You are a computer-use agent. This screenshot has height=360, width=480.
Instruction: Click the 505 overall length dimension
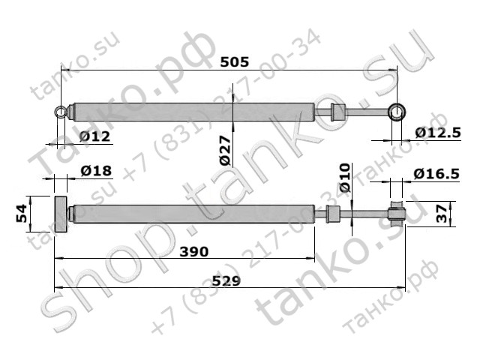[235, 62]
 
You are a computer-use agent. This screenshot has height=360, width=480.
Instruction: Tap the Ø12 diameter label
[94, 136]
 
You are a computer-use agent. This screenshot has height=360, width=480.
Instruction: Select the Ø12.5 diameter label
[438, 133]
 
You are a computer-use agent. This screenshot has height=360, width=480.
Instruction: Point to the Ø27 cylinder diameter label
[226, 150]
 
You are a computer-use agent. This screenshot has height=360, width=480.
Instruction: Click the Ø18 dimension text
[96, 171]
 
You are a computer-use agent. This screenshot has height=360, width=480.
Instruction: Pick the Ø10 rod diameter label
[345, 178]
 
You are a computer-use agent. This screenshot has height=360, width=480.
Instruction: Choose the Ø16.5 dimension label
[436, 174]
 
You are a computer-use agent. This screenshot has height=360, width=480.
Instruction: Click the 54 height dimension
[22, 213]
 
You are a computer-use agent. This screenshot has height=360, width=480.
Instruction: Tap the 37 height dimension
[442, 214]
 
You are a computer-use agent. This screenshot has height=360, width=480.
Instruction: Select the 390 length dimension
[194, 252]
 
